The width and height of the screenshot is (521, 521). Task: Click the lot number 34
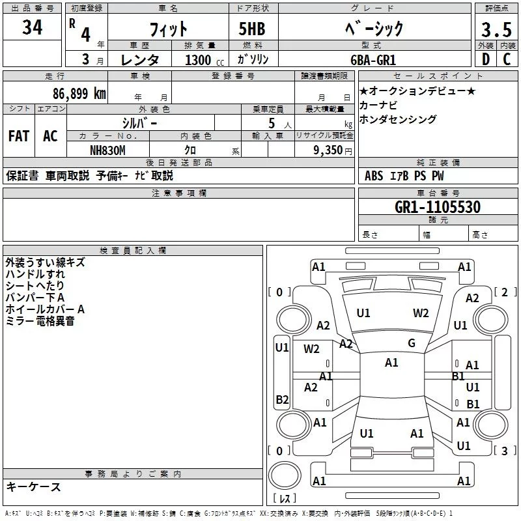pos(32,28)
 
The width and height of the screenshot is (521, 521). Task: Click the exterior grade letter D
pos(485,59)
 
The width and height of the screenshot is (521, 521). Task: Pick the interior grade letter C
pos(507,59)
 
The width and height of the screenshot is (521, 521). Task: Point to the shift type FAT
pos(18,136)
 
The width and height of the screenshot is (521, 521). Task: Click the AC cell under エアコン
pos(50,136)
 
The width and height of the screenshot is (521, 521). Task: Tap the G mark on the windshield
pos(411,343)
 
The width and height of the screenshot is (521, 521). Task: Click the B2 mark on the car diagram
pos(282,399)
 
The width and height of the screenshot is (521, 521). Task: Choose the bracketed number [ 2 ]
pos(503,292)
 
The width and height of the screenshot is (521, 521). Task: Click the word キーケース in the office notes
pos(34,487)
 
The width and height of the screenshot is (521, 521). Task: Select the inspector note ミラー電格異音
pos(40,321)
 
